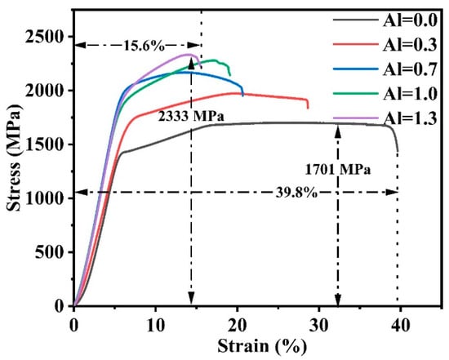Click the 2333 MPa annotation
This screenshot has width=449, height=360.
[x=191, y=116]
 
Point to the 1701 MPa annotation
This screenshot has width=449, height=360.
[x=338, y=170]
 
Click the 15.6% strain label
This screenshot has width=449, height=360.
[x=144, y=46]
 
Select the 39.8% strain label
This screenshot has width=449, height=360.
[x=296, y=193]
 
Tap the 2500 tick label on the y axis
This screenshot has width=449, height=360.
[x=44, y=37]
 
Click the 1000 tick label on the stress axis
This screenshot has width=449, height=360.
[x=44, y=198]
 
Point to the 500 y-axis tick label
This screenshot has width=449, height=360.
[x=49, y=252]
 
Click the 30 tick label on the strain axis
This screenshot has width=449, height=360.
[x=318, y=326]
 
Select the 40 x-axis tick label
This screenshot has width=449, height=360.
[x=400, y=326]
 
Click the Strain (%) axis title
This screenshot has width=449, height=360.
[x=262, y=346]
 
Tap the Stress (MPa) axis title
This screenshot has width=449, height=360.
[x=15, y=158]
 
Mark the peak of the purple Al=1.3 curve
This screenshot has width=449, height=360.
[x=189, y=54]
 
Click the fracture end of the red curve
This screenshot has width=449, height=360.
[x=308, y=109]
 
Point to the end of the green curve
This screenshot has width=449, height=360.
[x=230, y=75]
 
